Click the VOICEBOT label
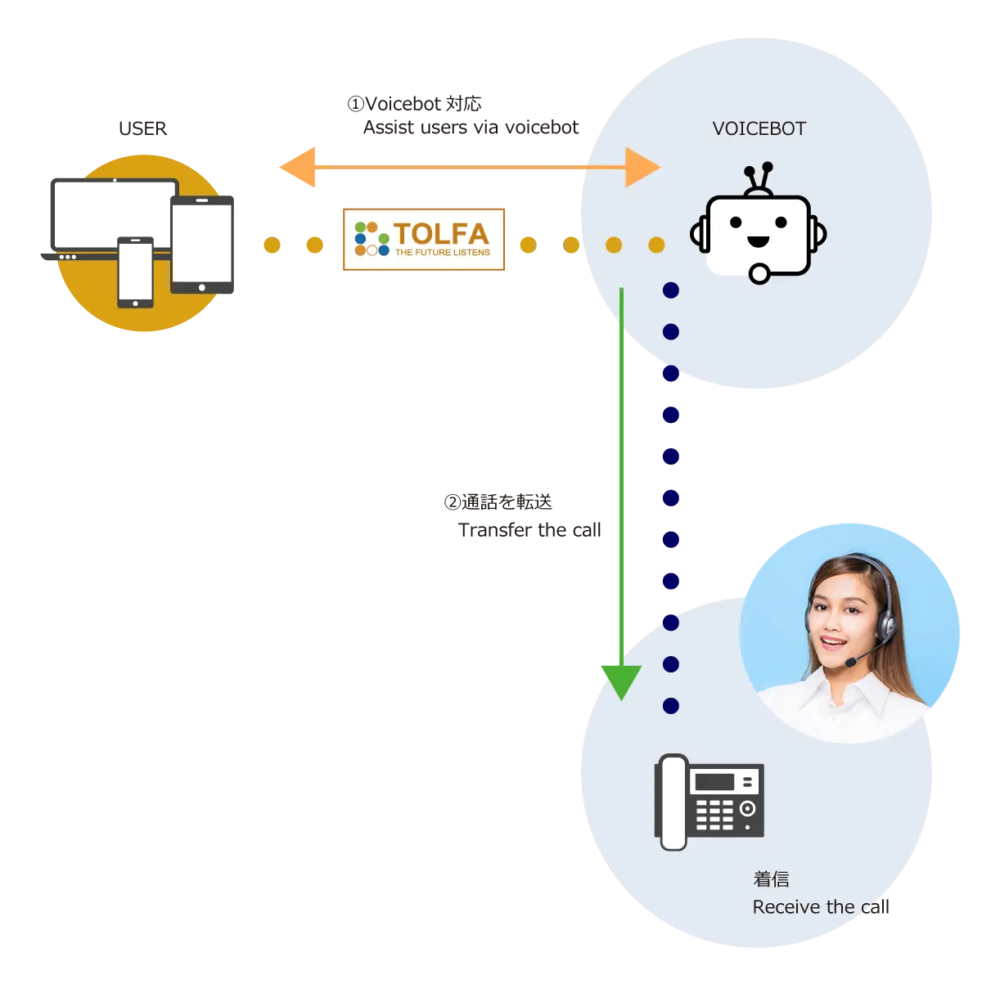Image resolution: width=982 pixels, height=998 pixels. (759, 128)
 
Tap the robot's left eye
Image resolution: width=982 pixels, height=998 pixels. (736, 222)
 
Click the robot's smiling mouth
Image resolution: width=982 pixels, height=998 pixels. (758, 241)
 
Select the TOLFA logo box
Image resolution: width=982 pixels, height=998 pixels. (425, 238)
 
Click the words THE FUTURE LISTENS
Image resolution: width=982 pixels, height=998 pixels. (442, 253)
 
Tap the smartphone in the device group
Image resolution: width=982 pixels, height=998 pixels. (135, 272)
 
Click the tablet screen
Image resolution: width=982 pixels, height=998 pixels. (202, 243)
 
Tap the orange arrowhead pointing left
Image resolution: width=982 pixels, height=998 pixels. (299, 167)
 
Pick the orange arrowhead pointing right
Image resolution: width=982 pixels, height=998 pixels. (642, 167)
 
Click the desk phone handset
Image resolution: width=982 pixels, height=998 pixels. (673, 802)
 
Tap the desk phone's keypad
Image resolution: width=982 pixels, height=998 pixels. (714, 814)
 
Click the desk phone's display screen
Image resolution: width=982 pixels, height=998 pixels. (714, 781)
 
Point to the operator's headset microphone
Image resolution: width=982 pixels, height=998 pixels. (852, 661)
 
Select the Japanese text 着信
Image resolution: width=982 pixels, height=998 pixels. (771, 879)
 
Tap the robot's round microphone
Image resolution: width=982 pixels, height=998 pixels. (759, 273)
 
